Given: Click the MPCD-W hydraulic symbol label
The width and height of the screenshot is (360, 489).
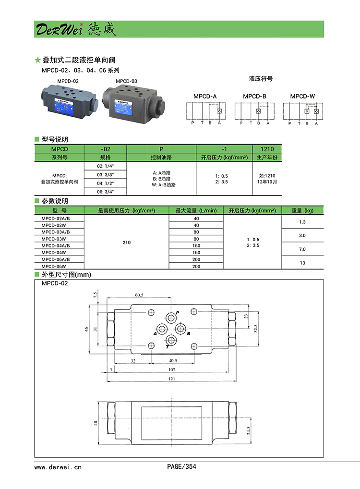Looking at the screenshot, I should coord(302,96).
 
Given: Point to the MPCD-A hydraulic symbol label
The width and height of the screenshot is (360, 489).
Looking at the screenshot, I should coord(205,96).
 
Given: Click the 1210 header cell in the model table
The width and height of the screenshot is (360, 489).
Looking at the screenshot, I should coord(267,149).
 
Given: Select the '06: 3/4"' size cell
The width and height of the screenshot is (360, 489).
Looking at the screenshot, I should coord(105,191).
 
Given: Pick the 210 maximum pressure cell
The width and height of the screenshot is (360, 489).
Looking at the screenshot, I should coord(126,243).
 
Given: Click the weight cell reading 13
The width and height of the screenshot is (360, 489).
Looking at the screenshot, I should coord(302,263).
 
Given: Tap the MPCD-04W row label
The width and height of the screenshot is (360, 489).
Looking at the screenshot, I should coord(54,252).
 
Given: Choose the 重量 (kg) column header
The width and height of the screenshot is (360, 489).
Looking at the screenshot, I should coord(302,210).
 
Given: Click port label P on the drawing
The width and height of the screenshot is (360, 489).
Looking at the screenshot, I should coord(178,312).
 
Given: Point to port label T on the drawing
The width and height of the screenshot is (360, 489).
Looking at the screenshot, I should coord(167,346).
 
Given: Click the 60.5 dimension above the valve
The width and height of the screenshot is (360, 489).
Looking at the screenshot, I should coord(139,294).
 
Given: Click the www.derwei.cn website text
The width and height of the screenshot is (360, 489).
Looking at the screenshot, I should coord(58,466).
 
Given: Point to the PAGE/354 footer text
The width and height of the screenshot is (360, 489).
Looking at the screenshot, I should coord(181,466).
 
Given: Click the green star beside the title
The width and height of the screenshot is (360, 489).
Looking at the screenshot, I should coord(38,60).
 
